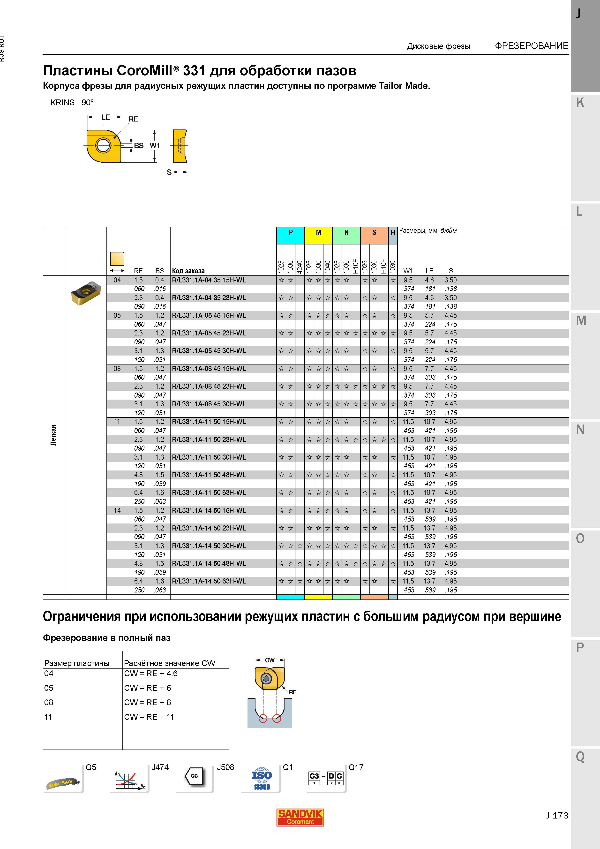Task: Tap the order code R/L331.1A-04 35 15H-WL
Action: point(209,280)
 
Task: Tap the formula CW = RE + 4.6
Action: point(151,673)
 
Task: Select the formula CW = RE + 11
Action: point(149,717)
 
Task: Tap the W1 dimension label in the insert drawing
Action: point(155,146)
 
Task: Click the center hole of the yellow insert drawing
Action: point(103,145)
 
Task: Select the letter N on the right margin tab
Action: point(580,429)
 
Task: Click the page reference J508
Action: point(225,767)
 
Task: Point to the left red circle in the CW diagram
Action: point(263,719)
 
